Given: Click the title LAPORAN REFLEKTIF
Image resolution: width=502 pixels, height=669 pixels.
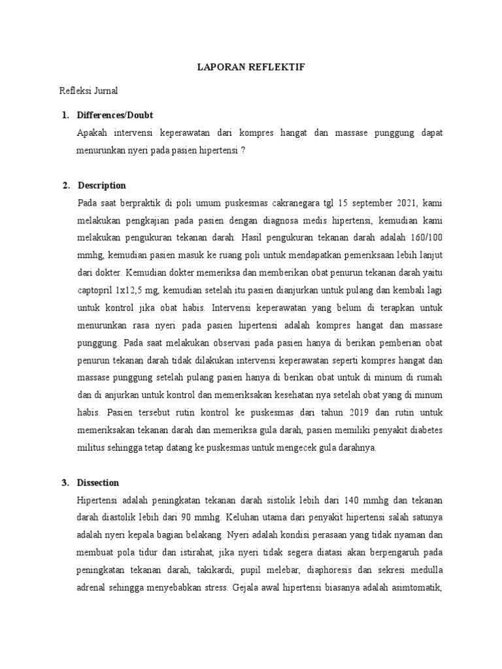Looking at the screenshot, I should click(x=251, y=67).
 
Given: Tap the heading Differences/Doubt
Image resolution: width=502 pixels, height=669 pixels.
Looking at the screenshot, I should click(x=114, y=115).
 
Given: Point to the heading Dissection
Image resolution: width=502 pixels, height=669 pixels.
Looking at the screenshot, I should click(x=98, y=483).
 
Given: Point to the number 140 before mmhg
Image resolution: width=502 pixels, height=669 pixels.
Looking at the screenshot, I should click(x=368, y=500).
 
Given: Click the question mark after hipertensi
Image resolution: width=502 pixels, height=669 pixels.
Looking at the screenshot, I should click(x=243, y=150).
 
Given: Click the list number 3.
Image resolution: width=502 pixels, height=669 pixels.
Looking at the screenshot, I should click(x=65, y=483).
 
